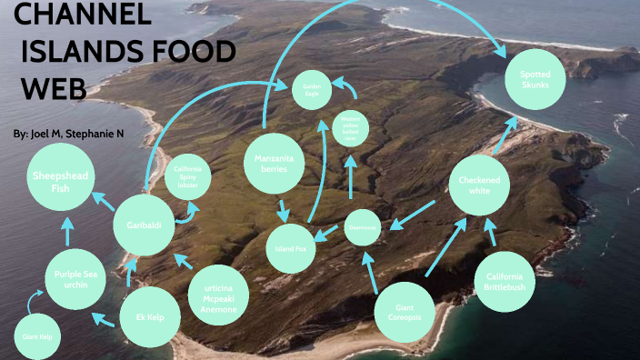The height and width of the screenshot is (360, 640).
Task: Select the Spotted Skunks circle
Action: tap(535, 79)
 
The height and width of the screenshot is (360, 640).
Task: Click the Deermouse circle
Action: tap(363, 227)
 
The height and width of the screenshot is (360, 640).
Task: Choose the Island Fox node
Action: tap(292, 248)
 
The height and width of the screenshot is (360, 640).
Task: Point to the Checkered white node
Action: tap(479, 185)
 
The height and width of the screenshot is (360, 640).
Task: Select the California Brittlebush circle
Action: tap(505, 281)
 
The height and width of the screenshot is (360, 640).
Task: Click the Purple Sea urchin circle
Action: tap(75, 278)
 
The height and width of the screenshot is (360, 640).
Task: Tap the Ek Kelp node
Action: tap(150, 318)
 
